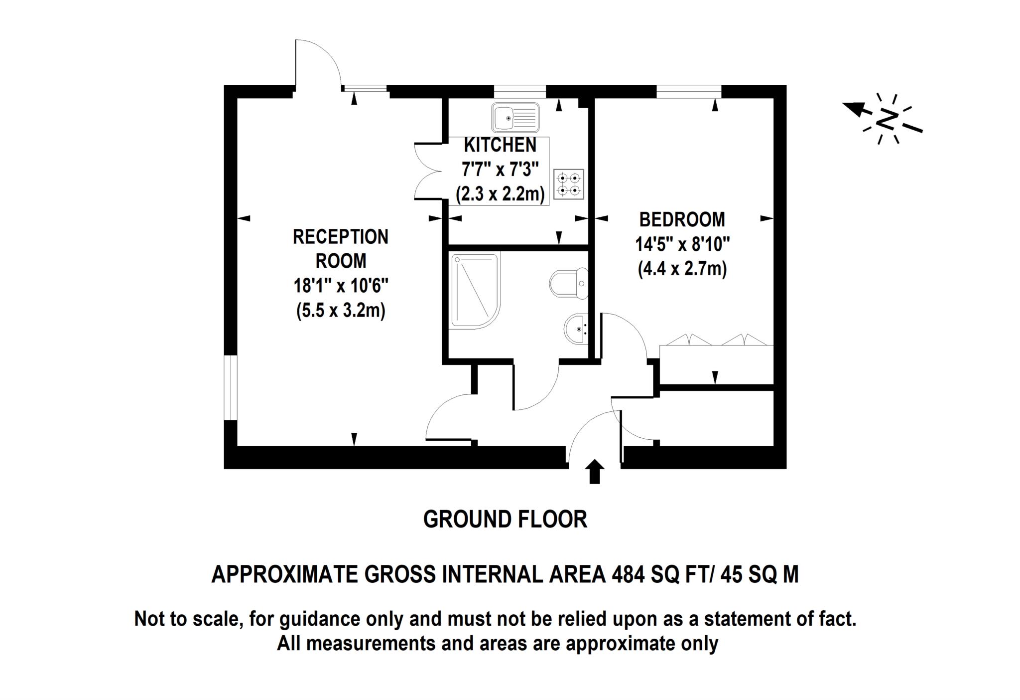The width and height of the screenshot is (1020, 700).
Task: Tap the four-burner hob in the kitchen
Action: [x=569, y=184]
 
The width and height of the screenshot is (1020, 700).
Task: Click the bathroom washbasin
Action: [x=576, y=329]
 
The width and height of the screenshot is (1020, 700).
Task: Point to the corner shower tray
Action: [x=475, y=291]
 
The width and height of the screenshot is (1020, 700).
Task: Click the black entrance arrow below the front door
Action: [x=594, y=472]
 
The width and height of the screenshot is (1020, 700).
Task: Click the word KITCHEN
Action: [x=500, y=145]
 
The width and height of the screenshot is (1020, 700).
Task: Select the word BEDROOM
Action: [x=682, y=219]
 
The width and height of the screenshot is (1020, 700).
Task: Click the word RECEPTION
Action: [x=341, y=237]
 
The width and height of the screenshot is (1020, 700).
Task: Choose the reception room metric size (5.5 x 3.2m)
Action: [x=341, y=311]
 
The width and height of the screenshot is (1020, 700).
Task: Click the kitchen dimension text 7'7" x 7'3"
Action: [x=501, y=170]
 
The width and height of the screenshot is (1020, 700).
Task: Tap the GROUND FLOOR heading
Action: [x=505, y=520]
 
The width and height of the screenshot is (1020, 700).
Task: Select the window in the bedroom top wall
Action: [x=689, y=92]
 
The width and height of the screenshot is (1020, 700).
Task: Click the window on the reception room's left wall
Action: [x=230, y=387]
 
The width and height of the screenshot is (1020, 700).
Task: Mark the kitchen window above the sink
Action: [x=519, y=92]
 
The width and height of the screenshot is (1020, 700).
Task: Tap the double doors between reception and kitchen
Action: [x=429, y=171]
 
